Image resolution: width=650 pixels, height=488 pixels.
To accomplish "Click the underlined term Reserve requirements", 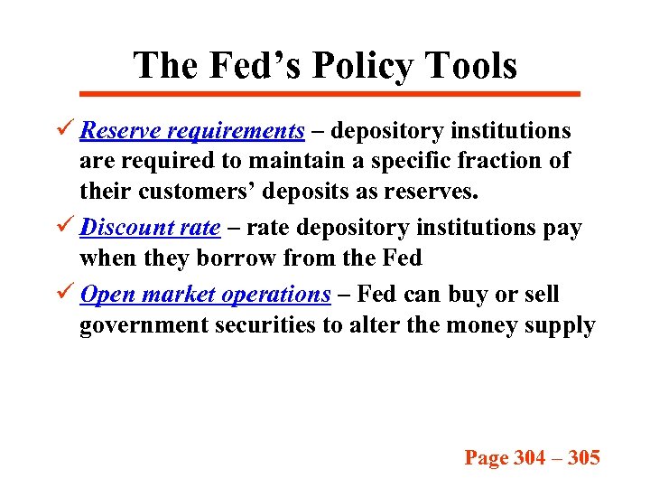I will [191, 131].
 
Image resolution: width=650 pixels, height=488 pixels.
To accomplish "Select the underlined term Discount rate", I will [150, 227].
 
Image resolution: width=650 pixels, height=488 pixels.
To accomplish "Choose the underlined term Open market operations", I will [205, 295].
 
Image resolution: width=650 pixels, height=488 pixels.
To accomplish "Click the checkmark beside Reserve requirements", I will [64, 130].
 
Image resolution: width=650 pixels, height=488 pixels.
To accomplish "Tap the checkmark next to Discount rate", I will [64, 226].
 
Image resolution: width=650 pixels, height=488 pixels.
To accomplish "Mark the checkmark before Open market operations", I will [64, 294].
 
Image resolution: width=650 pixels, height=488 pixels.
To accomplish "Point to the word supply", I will [563, 326].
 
